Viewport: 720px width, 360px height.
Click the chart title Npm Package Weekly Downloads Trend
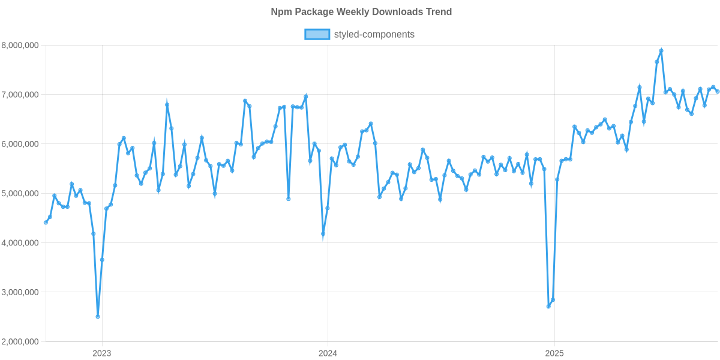click(x=360, y=12)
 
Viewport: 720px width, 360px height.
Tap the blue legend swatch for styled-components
click(x=317, y=34)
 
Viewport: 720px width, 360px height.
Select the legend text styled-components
click(x=374, y=34)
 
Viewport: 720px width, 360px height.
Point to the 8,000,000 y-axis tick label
click(x=20, y=45)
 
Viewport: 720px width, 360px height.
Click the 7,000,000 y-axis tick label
click(x=20, y=95)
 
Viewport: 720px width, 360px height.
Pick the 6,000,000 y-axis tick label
click(x=20, y=144)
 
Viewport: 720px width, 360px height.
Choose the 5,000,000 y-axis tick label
click(x=20, y=194)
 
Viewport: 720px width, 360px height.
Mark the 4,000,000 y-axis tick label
click(x=20, y=243)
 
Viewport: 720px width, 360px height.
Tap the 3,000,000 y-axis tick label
click(x=20, y=293)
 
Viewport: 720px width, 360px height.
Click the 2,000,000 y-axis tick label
click(x=20, y=342)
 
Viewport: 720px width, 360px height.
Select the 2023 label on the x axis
click(x=102, y=353)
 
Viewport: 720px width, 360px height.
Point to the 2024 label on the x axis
click(x=328, y=353)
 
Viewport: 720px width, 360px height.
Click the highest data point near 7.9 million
click(x=661, y=50)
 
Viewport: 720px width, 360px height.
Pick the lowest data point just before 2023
click(x=98, y=316)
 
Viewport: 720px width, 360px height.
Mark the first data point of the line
click(x=46, y=223)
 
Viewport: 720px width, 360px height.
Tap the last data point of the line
click(x=718, y=91)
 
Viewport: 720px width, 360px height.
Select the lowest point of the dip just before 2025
click(x=548, y=307)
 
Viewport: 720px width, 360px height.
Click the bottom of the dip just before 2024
click(x=323, y=234)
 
